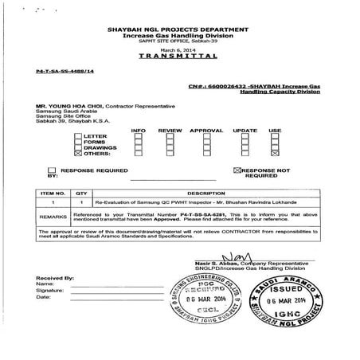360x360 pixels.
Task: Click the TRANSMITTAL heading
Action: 178,58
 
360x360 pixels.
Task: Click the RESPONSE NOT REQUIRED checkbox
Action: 237,170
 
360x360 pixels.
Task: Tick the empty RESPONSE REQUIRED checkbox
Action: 53,170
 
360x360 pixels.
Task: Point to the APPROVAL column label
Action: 206,129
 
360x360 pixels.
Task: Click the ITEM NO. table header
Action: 53,193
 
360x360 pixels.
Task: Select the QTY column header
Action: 81,193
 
